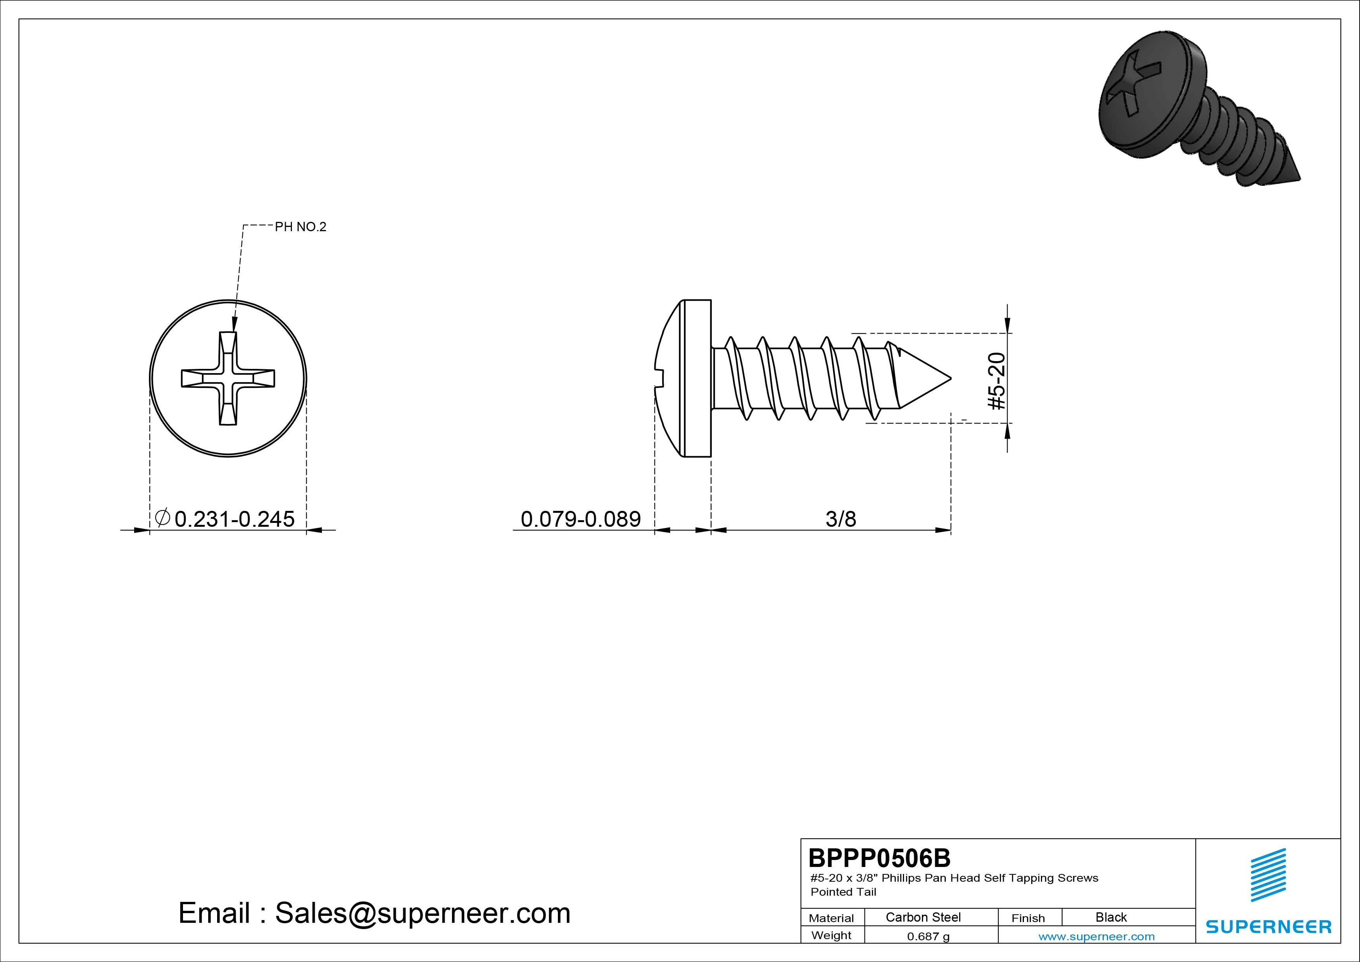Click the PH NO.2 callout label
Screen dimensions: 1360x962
tap(300, 227)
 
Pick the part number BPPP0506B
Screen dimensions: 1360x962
tap(879, 858)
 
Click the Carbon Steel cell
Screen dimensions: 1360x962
tap(923, 917)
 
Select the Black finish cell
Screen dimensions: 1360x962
tap(1111, 917)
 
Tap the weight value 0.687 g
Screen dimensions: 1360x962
tap(928, 936)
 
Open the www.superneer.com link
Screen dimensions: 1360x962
tap(1096, 936)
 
